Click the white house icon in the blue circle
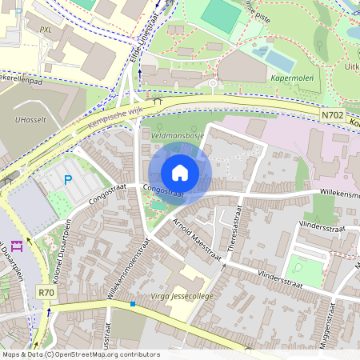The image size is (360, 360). (x=180, y=172)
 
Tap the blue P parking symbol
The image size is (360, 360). (x=67, y=180)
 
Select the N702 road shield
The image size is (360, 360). (x=334, y=116)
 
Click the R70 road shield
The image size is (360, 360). (x=46, y=293)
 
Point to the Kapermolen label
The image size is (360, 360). (x=292, y=78)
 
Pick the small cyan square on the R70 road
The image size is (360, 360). (x=133, y=304)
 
